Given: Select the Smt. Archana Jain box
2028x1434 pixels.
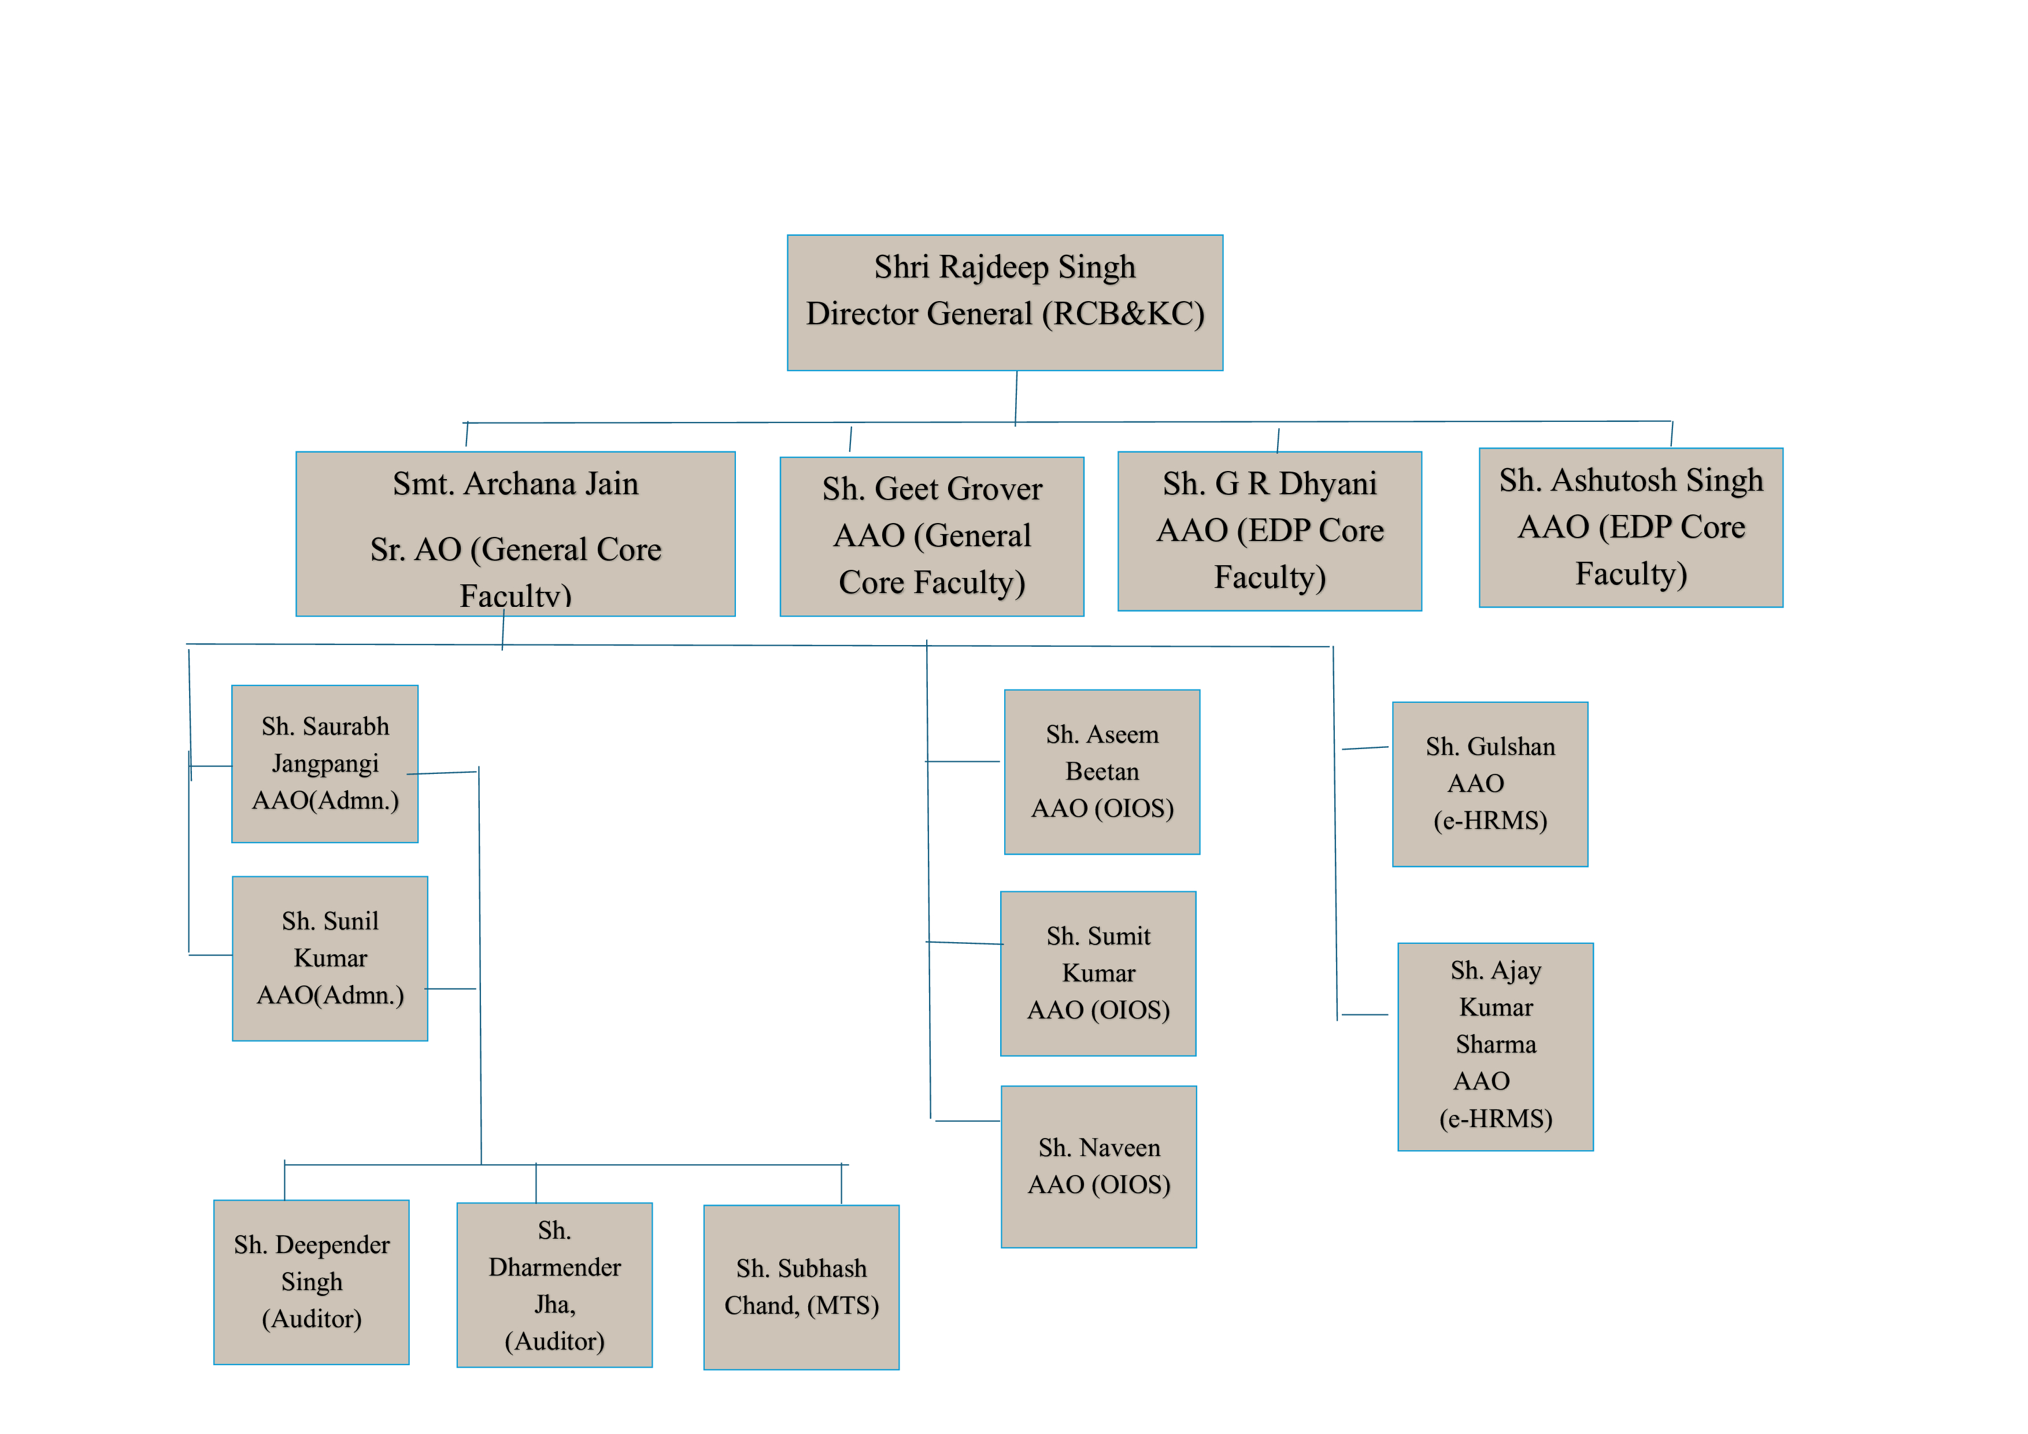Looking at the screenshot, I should pos(515,533).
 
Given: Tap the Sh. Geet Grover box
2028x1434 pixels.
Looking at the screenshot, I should pos(932,536).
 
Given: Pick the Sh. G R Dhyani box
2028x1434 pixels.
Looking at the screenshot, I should pos(1270,531).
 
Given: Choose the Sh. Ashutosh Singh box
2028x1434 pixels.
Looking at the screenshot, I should pos(1630,527).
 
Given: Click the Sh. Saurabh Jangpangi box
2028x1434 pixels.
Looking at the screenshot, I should pos(324,764).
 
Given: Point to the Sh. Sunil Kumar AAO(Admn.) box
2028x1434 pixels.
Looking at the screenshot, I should pos(330,958).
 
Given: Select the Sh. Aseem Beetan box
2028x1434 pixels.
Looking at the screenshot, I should pos(1101,772).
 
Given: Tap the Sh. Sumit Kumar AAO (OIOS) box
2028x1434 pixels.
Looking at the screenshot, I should pos(1098,973).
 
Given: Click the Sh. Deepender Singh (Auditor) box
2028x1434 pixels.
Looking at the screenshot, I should pos(311,1281).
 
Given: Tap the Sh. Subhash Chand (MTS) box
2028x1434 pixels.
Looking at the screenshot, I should pos(801,1287).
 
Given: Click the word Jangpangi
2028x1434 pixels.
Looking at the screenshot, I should pos(325,764).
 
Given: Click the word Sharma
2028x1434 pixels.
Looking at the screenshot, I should pos(1496,1044).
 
